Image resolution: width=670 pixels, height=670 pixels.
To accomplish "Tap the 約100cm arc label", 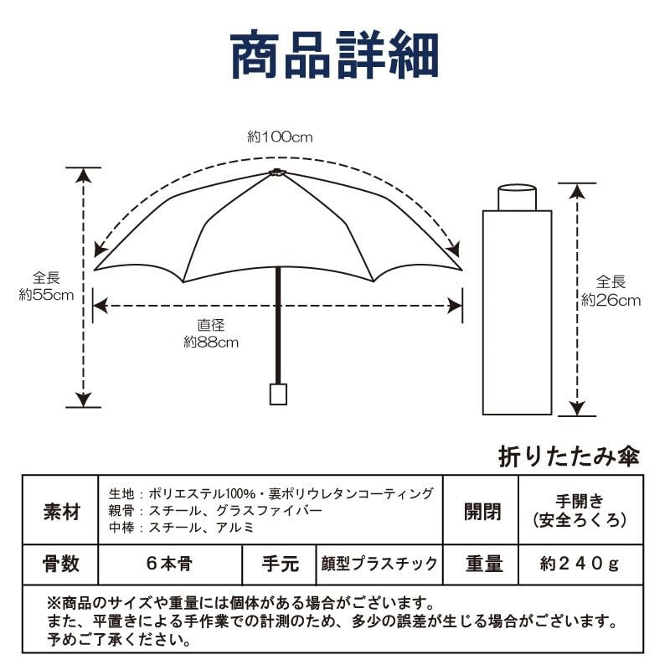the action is [279, 137].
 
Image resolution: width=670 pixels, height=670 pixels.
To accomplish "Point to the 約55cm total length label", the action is [46, 286].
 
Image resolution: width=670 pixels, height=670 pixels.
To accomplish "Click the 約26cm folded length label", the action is [611, 291].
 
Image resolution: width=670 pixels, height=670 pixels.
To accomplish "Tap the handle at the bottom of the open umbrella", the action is [278, 394].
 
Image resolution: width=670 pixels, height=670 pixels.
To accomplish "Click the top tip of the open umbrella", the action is [278, 173].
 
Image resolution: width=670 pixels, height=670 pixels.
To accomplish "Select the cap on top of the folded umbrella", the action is [517, 198].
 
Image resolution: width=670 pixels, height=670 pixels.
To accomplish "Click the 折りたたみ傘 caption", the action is [569, 456].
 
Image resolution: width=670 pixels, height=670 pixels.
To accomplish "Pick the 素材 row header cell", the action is [60, 511].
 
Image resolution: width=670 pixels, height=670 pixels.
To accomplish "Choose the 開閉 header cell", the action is [482, 511].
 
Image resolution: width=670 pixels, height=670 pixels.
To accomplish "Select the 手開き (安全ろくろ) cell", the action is [580, 511].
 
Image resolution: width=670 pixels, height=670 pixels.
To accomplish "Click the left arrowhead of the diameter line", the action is [99, 307].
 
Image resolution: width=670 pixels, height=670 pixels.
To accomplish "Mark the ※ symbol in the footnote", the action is [54, 603].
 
